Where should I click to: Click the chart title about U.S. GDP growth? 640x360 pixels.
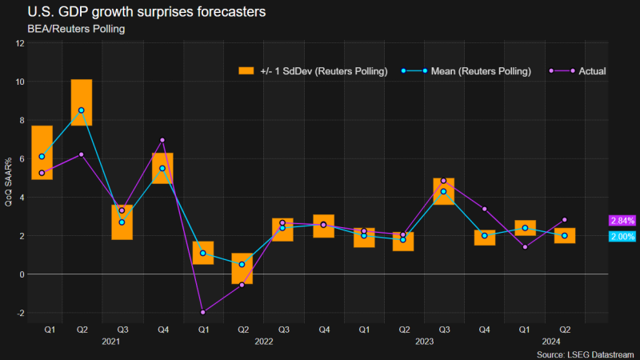[x=136, y=14]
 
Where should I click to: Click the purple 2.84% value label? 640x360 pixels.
[x=622, y=220]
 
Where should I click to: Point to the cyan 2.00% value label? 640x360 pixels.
[x=622, y=237]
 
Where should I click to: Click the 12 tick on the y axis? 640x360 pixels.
[x=20, y=43]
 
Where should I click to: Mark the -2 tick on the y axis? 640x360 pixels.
[x=20, y=313]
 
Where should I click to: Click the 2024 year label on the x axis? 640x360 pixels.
[x=545, y=342]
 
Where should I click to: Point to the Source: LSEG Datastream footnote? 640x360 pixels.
[x=586, y=353]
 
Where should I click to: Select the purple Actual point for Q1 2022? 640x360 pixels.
[x=203, y=312]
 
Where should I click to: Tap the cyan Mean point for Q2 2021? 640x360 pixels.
[x=82, y=110]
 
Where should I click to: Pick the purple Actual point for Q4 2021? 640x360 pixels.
[x=162, y=141]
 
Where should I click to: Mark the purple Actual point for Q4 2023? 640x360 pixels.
[x=485, y=209]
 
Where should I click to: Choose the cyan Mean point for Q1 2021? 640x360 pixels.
[x=42, y=157]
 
